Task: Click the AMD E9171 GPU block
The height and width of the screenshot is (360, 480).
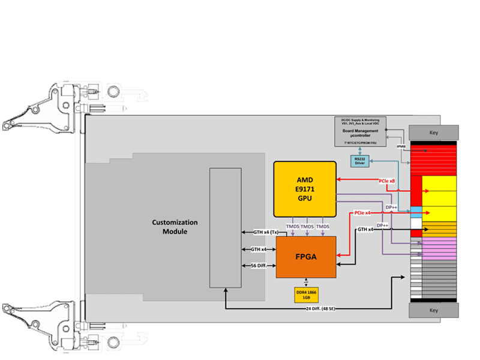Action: click(305, 188)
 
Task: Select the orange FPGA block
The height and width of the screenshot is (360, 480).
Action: click(305, 256)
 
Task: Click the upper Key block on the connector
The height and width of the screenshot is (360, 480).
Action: click(434, 132)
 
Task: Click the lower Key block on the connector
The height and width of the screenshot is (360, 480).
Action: click(434, 310)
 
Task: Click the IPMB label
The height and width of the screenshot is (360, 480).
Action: click(400, 146)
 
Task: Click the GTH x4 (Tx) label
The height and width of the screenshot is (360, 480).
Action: click(257, 232)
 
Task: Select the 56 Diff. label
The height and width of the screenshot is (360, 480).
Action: click(258, 265)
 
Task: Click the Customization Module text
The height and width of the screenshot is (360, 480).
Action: click(175, 227)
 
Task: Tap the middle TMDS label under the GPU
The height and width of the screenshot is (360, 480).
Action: click(307, 226)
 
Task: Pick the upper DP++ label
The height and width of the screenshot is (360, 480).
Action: click(391, 207)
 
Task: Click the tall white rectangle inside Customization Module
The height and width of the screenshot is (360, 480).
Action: click(225, 227)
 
